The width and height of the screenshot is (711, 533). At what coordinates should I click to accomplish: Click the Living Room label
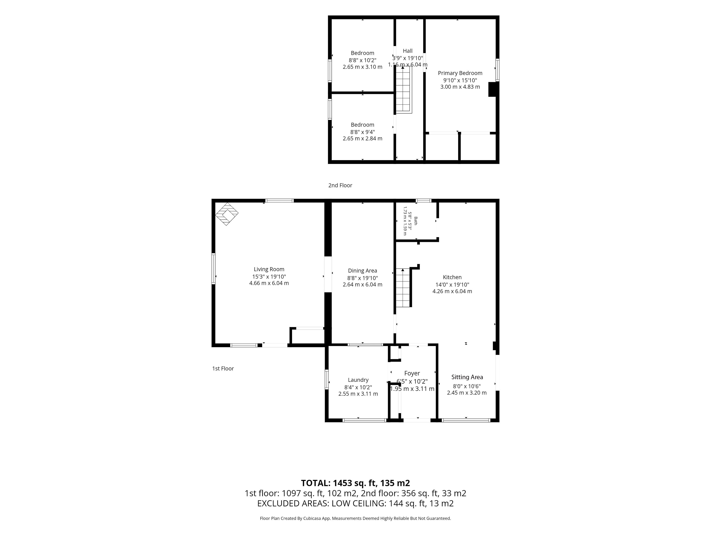(x=269, y=269)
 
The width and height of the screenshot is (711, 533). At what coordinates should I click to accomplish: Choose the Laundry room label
(x=358, y=380)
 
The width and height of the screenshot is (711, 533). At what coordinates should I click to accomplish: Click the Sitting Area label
(x=467, y=377)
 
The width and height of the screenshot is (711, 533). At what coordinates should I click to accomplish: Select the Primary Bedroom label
(x=460, y=73)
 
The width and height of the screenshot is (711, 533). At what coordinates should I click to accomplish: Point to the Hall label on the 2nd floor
(x=408, y=51)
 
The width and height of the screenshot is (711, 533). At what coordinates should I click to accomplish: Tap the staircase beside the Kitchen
(x=403, y=288)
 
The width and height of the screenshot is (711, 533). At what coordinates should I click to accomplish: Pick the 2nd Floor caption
(x=340, y=185)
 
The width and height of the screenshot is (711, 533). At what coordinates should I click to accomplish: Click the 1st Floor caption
(x=223, y=368)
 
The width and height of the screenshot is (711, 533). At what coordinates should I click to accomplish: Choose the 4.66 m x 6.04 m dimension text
(x=269, y=283)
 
